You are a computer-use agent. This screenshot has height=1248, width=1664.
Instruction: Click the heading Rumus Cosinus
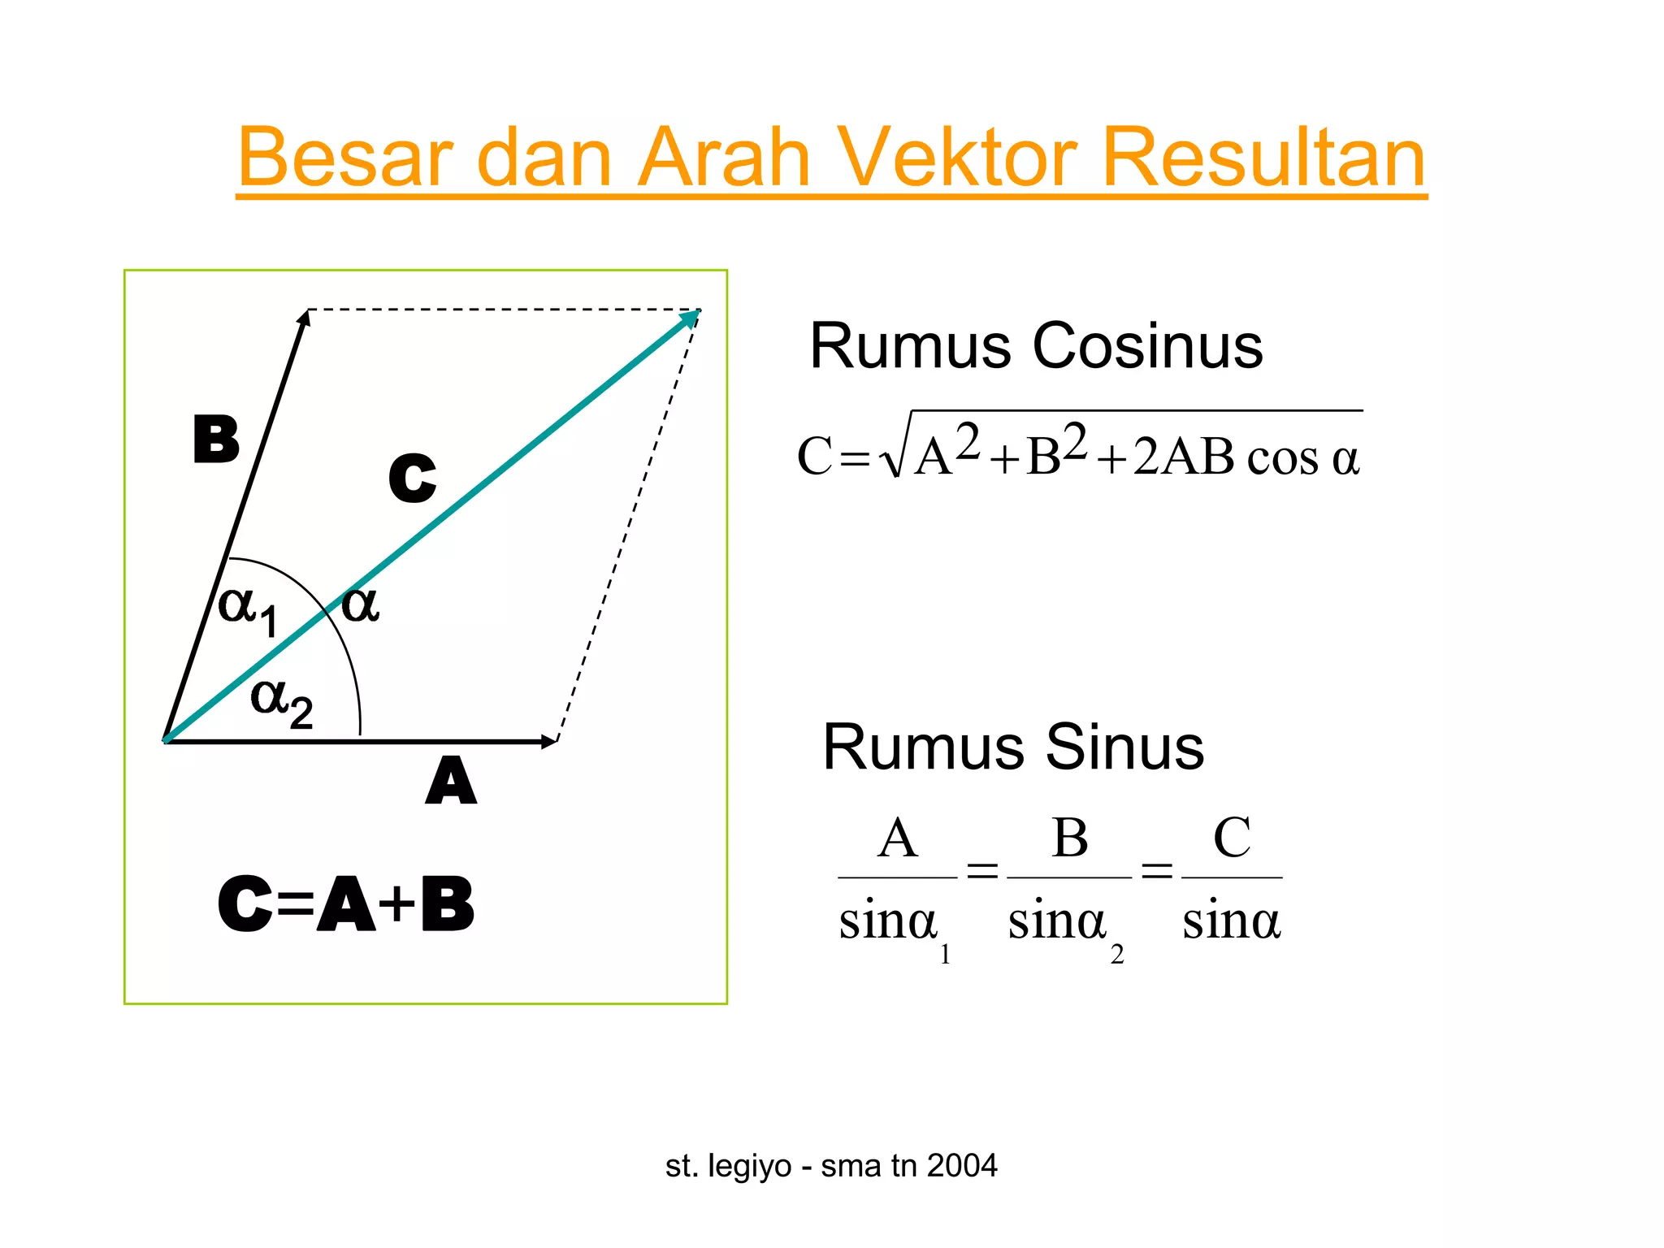point(1036,346)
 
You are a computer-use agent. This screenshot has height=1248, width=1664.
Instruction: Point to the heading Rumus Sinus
point(1013,747)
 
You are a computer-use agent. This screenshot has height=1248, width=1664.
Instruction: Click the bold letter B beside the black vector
point(216,440)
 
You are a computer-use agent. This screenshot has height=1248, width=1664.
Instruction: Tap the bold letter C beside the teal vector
point(412,478)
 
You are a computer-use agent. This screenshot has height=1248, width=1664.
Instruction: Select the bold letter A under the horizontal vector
point(451,781)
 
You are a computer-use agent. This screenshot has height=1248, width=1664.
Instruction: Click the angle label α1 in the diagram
point(248,609)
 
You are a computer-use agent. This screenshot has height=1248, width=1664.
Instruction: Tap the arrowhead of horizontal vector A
point(549,741)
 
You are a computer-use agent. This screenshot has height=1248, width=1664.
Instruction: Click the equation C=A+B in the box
point(346,904)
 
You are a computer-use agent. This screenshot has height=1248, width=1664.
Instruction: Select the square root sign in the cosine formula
point(894,455)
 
